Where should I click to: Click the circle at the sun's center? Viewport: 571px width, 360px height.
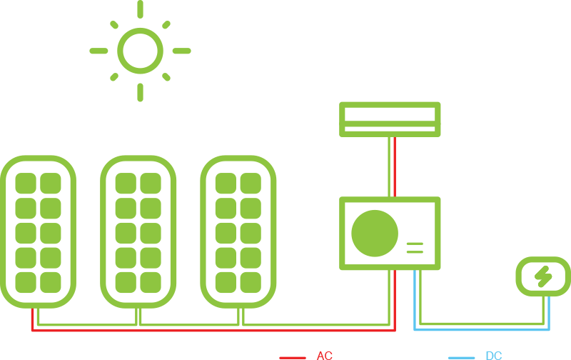(140, 51)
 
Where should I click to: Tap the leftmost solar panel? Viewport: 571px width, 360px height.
(38, 231)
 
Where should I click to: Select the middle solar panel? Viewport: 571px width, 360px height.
(138, 231)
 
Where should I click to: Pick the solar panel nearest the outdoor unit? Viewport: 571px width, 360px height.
(238, 231)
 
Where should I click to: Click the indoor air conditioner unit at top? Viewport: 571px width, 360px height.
(390, 119)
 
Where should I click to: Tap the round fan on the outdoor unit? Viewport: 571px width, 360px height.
(375, 234)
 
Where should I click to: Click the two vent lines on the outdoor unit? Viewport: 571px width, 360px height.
(415, 248)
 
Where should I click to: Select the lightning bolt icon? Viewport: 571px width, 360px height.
(543, 276)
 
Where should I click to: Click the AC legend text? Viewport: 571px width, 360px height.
(325, 356)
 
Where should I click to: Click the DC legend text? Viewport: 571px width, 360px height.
(493, 356)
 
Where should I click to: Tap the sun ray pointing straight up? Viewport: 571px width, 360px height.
(140, 9)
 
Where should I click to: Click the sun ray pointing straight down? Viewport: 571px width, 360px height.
(140, 92)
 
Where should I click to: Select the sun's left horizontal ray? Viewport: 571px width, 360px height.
(98, 51)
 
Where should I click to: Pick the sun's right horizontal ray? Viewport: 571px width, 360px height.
(181, 51)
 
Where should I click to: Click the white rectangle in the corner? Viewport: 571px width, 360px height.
(20, 40)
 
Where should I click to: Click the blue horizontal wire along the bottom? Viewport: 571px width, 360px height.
(482, 329)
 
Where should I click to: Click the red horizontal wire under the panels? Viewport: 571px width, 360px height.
(214, 330)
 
